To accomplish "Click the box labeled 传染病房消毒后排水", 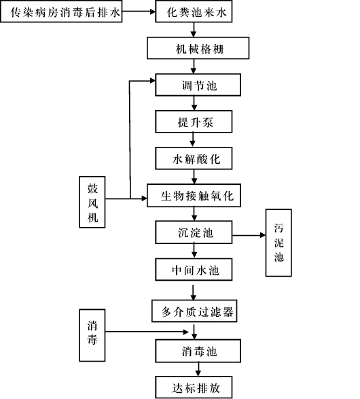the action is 61,12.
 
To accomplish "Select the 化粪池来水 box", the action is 194,12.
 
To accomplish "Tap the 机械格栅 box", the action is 198,48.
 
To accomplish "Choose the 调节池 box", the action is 198,85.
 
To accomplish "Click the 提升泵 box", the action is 194,122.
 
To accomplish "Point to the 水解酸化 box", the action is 194,158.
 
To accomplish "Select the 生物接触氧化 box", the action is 194,196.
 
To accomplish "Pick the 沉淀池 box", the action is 194,232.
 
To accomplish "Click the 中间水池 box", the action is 194,270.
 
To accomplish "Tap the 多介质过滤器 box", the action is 194,311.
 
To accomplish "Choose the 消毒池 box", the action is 198,351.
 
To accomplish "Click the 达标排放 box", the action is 194,387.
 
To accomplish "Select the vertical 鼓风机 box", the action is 92,202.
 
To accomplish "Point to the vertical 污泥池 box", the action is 278,243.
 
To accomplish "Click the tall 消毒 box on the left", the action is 92,335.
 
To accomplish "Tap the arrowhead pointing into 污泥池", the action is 263,235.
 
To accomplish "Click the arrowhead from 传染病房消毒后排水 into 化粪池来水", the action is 153,12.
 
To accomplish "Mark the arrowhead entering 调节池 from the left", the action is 153,81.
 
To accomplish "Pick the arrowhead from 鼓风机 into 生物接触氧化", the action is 144,198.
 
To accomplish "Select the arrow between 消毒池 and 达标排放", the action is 198,369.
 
